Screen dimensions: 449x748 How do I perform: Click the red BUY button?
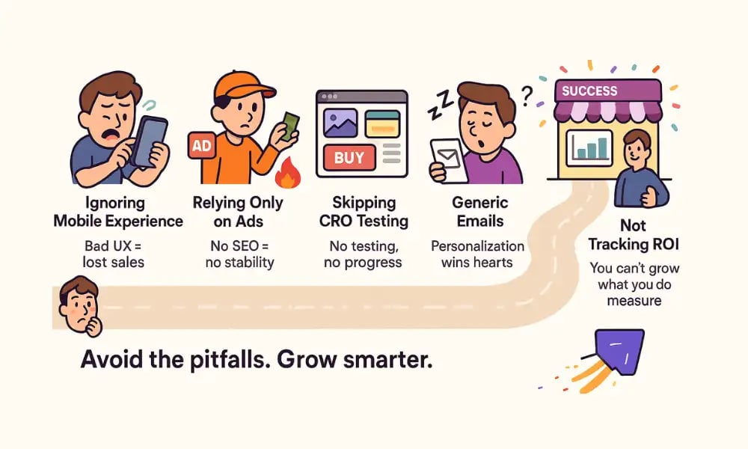349,158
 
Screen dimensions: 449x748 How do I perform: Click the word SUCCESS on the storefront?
589,91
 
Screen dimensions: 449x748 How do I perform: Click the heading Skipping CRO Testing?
362,212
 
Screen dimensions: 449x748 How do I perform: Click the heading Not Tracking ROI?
627,234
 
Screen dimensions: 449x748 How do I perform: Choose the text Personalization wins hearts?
477,254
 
